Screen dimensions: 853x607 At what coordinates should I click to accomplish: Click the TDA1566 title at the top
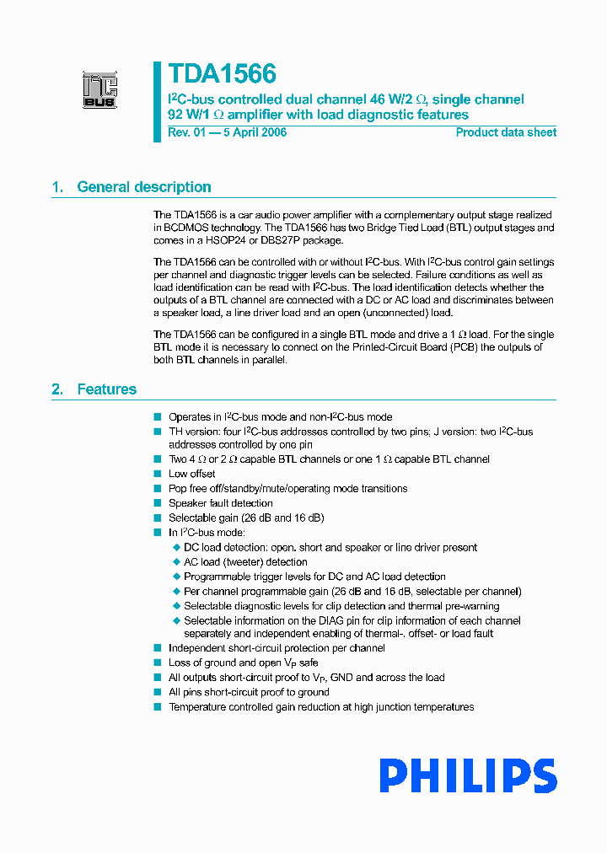[222, 74]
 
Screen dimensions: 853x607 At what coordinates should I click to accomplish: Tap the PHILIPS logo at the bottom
[467, 776]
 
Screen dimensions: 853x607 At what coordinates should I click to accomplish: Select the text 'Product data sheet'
[506, 132]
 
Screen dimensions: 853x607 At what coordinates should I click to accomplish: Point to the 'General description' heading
[144, 187]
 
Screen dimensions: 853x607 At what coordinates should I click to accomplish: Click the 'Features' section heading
[107, 389]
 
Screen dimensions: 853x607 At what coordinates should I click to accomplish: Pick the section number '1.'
[57, 187]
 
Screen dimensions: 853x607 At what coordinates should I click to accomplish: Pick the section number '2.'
[57, 389]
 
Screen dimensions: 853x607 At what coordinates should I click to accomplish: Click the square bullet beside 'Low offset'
[157, 474]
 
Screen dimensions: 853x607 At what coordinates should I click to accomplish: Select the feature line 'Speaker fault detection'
[220, 503]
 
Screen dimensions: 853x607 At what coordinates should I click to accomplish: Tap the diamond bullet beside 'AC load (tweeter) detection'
[177, 562]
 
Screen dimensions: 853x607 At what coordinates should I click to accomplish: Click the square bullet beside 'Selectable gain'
[157, 518]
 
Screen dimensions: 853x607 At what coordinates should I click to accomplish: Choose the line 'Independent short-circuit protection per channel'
[277, 648]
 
